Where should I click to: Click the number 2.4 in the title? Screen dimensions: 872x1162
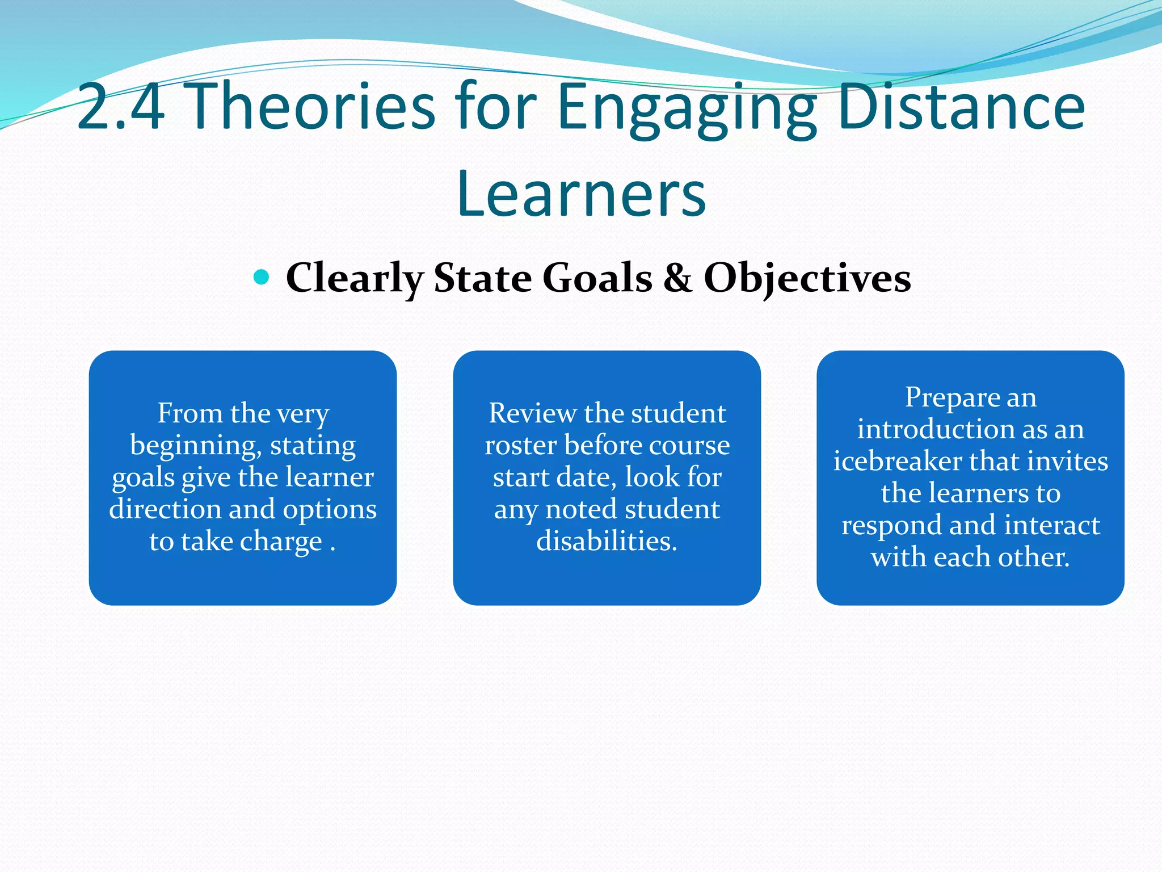click(x=120, y=107)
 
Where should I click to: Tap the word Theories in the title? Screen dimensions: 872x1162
click(x=310, y=107)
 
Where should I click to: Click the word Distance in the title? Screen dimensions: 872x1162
click(x=961, y=107)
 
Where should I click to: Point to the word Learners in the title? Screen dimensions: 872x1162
click(x=581, y=194)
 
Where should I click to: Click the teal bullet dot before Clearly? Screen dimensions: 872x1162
click(x=261, y=277)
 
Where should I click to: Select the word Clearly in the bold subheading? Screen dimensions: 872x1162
click(x=355, y=278)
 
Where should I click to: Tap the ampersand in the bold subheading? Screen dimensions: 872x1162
click(x=677, y=278)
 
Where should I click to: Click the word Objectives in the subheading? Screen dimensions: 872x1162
click(x=807, y=278)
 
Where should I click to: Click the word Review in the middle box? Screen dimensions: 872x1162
click(x=532, y=413)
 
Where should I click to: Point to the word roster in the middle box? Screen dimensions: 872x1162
click(x=520, y=446)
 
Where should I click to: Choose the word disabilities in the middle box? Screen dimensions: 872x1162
click(x=607, y=541)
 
